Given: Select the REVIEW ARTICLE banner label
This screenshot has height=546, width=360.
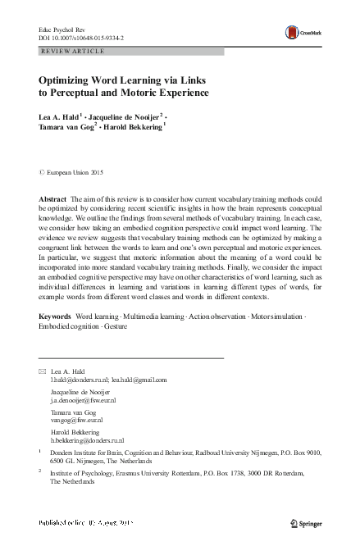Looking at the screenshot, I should (72, 51).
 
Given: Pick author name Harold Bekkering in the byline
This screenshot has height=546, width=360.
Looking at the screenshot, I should (136, 128).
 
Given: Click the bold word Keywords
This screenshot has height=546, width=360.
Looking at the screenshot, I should (55, 316).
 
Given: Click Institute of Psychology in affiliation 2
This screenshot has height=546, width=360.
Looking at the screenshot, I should (90, 473).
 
